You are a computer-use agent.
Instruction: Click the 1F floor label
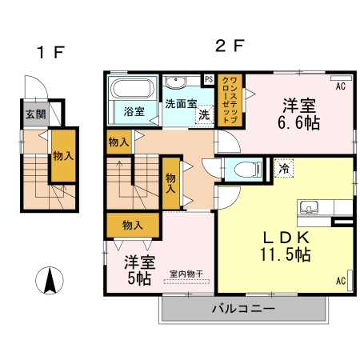(51, 52)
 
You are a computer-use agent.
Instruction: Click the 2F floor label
(230, 46)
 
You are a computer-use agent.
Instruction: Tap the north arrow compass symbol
(50, 280)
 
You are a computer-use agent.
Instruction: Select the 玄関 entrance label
(36, 114)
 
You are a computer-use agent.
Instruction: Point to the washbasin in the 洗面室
(175, 82)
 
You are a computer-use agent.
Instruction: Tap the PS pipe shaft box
(209, 79)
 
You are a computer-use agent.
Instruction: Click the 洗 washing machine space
(205, 114)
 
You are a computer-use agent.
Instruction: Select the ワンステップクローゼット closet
(230, 100)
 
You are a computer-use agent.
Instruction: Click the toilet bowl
(248, 169)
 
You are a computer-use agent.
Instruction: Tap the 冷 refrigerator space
(284, 168)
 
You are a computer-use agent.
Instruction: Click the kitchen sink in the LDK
(309, 207)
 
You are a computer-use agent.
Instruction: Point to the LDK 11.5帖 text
(286, 246)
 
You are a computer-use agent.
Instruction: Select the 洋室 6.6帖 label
(299, 114)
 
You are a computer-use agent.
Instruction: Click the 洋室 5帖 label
(139, 270)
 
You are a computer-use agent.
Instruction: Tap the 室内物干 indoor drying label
(186, 274)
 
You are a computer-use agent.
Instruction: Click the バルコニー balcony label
(243, 309)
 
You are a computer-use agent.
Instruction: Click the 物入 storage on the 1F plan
(63, 156)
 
